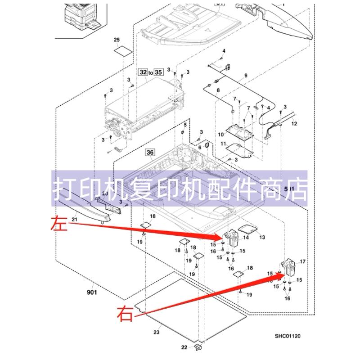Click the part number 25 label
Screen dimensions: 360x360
pyautogui.click(x=117, y=41)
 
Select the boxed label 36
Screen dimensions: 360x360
pyautogui.click(x=149, y=153)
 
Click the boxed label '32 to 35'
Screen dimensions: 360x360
pyautogui.click(x=151, y=72)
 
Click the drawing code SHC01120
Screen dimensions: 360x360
pyautogui.click(x=288, y=336)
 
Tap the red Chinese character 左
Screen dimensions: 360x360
pyautogui.click(x=60, y=223)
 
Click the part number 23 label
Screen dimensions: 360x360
pyautogui.click(x=156, y=333)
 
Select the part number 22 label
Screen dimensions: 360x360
pyautogui.click(x=184, y=347)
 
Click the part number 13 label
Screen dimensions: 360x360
pyautogui.click(x=262, y=237)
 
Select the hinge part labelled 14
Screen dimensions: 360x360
pyautogui.click(x=232, y=237)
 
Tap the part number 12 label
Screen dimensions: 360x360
pyautogui.click(x=294, y=123)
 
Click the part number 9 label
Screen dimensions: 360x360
pyautogui.click(x=246, y=75)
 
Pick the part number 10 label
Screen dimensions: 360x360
pyautogui.click(x=221, y=134)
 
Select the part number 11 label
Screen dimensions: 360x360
pyautogui.click(x=223, y=144)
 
